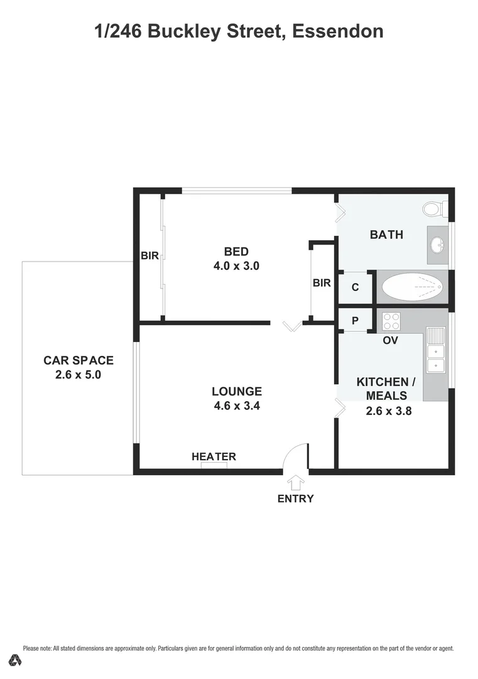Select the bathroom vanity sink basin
point(437,244)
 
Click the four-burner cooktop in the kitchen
point(392,321)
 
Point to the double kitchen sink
point(435,357)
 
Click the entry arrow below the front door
point(295,482)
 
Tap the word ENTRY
point(295,499)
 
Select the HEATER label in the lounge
point(214,456)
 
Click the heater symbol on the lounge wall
point(214,466)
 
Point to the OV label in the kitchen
point(391,340)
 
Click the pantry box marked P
point(355,321)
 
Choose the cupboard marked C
point(355,287)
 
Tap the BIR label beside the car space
point(149,256)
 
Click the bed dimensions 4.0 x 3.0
point(236,266)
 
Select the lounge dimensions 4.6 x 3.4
point(237,406)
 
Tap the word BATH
point(386,235)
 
